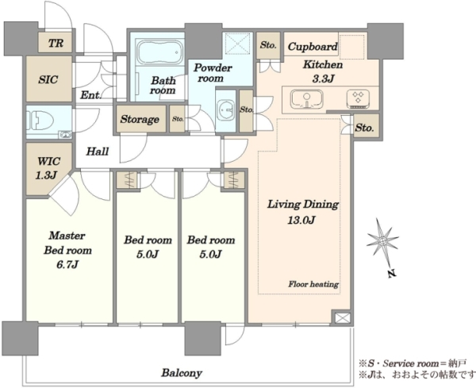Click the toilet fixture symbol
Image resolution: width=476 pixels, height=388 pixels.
pos(36,121)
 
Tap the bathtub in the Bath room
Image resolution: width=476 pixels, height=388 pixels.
pos(160,52)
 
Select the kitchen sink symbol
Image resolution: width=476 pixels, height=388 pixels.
pos(306,98)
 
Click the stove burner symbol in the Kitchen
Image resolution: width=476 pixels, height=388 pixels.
pos(358,98)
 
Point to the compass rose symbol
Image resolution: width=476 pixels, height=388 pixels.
pos(382,241)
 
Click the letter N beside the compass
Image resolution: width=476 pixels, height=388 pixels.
pos(393,274)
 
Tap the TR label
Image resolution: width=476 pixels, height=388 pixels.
pos(56,43)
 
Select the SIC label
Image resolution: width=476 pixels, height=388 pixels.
pos(48,79)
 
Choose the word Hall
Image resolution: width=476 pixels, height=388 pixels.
pos(98,152)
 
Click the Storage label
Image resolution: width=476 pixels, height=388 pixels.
pos(140,119)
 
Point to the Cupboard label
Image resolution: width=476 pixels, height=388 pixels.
pos(313,47)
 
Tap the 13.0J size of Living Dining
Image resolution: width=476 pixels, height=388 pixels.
pos(301,220)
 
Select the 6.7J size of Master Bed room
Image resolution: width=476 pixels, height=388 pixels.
pos(67,265)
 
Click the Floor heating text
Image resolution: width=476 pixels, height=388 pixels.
pos(313,285)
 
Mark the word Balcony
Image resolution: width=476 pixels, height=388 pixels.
pos(182,373)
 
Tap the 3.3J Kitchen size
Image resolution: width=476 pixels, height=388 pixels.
pos(323,79)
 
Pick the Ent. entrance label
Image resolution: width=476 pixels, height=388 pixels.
pos(90,95)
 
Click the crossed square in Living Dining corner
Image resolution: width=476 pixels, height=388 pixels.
pos(343,318)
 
